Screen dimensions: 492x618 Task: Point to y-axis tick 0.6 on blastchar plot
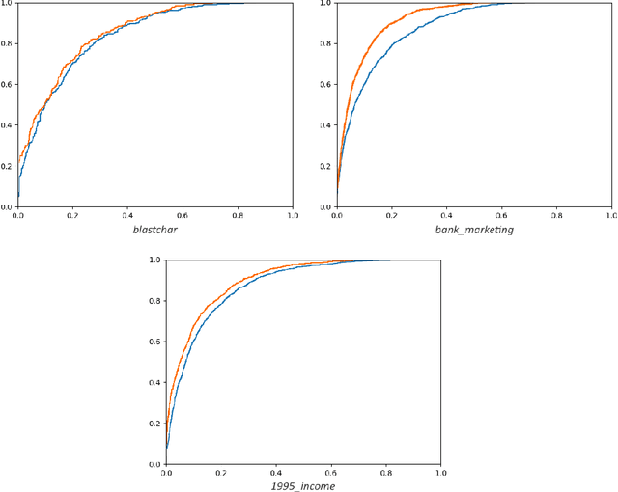(8, 84)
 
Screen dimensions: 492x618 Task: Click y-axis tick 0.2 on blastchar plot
(8, 165)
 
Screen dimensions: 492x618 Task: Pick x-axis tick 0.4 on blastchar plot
(128, 215)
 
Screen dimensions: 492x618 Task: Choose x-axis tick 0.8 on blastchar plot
(239, 215)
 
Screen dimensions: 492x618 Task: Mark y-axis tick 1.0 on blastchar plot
(8, 3)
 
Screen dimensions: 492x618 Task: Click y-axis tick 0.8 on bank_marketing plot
(326, 43)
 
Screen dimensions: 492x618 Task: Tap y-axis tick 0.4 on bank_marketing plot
(326, 124)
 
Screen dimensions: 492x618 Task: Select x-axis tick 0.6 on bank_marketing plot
(501, 215)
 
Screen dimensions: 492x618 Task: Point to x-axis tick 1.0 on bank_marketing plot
(611, 215)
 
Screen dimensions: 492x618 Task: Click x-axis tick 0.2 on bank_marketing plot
(391, 215)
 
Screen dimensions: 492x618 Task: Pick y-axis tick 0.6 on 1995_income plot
(155, 342)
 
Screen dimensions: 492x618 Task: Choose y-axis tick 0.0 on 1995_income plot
(155, 464)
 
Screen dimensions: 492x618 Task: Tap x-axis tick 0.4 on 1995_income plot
(276, 474)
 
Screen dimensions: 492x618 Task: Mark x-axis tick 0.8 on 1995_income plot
(386, 474)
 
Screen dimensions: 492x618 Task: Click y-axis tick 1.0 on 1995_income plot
(155, 260)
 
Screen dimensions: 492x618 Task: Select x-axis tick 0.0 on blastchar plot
(18, 215)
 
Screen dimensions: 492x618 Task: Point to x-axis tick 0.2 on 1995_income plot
(221, 474)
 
